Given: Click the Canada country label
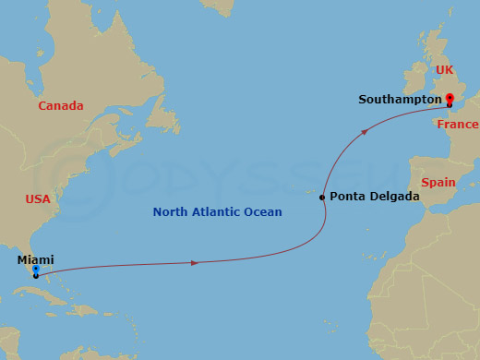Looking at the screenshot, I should (60, 106).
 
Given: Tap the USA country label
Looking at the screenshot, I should (37, 199).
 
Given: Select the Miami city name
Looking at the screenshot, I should (35, 260).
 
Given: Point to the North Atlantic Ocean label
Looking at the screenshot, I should (217, 212).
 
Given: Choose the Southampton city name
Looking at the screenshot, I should (401, 100).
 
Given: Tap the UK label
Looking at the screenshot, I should (445, 70).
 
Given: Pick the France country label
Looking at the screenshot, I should (458, 125).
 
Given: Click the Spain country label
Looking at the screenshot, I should (438, 183).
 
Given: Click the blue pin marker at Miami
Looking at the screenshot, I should (35, 270).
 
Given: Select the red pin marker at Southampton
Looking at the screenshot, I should (450, 98).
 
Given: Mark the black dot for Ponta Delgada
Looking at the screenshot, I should (322, 198).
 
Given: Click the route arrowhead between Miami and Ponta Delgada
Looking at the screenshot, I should (194, 263).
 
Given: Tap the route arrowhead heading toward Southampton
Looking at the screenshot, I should (366, 132).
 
